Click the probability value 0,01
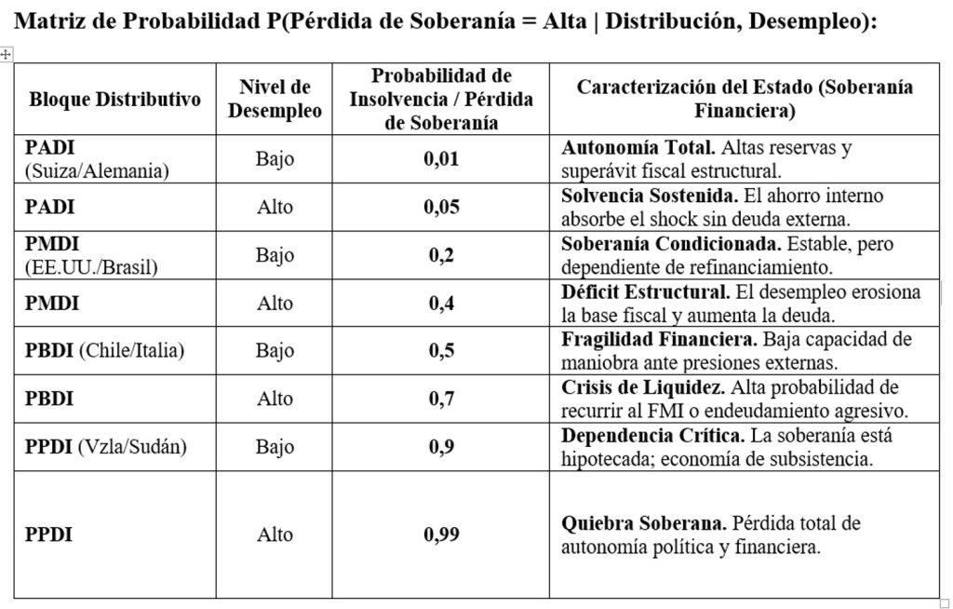tap(441, 159)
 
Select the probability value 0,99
tap(441, 535)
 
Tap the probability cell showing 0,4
tap(441, 303)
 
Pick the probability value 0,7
tap(441, 399)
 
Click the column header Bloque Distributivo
tap(115, 100)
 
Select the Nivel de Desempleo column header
tap(275, 99)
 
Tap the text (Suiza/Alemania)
tap(96, 170)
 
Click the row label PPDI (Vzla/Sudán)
tap(106, 446)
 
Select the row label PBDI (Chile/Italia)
tap(104, 350)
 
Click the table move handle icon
tap(7, 55)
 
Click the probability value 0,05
tap(441, 207)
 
